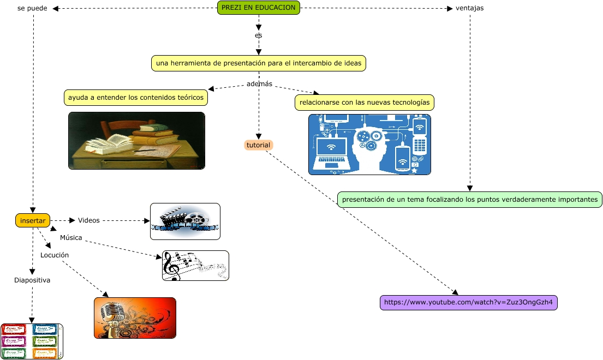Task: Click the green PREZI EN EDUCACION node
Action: pyautogui.click(x=259, y=8)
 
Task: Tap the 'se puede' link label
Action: pyautogui.click(x=32, y=8)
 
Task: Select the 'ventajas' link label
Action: pyautogui.click(x=469, y=8)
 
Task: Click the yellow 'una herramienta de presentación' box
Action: pyautogui.click(x=258, y=63)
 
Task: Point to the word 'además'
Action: pyautogui.click(x=259, y=84)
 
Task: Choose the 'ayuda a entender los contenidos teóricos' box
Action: pyautogui.click(x=136, y=98)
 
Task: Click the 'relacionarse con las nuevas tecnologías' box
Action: pyautogui.click(x=365, y=102)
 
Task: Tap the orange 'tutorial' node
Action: pyautogui.click(x=259, y=145)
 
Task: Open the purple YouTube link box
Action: pyautogui.click(x=468, y=302)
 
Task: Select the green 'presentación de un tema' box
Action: pyautogui.click(x=469, y=200)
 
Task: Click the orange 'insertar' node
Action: pyautogui.click(x=33, y=220)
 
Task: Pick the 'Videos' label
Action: pyautogui.click(x=89, y=220)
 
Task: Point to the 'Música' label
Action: pyautogui.click(x=71, y=238)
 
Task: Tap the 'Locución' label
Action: pyautogui.click(x=55, y=255)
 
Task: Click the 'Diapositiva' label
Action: pyautogui.click(x=32, y=280)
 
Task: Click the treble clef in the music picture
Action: pyautogui.click(x=171, y=266)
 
